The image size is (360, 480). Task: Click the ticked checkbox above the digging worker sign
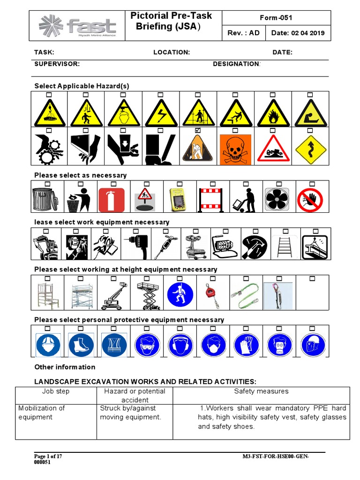(x=197, y=131)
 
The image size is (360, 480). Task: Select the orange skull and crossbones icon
(x=235, y=150)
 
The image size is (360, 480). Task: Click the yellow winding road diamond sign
(x=310, y=150)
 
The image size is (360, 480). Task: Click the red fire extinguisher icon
(x=112, y=200)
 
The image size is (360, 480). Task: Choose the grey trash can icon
(x=45, y=199)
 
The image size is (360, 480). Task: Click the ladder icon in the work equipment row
(x=284, y=246)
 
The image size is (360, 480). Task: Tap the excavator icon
(x=45, y=247)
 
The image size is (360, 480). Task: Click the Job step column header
(x=56, y=391)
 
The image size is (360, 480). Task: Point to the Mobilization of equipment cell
(x=42, y=412)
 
